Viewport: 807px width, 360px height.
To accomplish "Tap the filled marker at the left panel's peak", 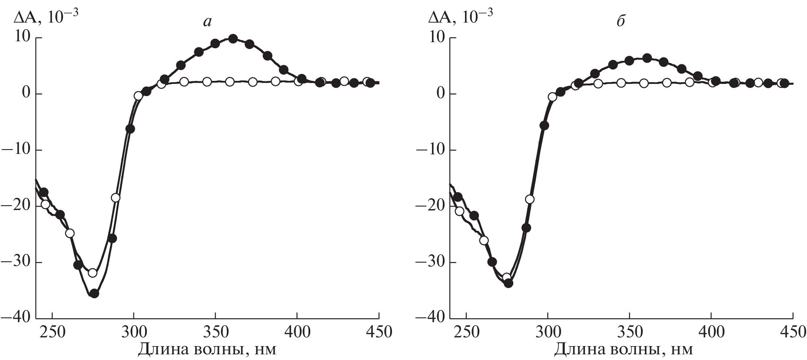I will coord(233,39).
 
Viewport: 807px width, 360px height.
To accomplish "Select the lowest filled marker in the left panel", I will coord(94,293).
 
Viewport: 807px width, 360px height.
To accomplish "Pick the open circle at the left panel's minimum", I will coord(93,273).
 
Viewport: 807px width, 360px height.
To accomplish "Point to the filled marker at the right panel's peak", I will coord(647,58).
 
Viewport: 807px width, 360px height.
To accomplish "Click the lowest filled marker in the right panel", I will coord(508,283).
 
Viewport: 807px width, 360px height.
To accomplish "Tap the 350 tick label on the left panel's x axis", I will coord(216,333).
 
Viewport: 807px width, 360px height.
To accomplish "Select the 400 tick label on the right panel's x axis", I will coord(711,333).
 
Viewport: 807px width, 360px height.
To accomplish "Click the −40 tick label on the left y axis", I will coord(16,318).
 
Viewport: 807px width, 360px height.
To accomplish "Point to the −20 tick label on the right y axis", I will coord(430,206).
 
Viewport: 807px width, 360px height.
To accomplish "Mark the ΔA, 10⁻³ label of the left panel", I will coord(41,16).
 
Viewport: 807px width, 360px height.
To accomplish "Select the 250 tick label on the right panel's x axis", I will coord(467,333).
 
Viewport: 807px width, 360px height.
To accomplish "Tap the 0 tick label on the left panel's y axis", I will coord(25,94).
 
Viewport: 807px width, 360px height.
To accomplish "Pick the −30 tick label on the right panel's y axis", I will coord(430,262).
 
